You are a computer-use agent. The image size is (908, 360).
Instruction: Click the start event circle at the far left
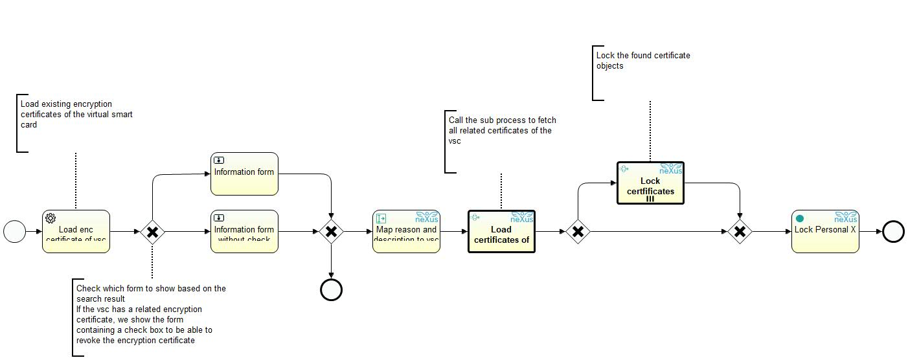tap(14, 231)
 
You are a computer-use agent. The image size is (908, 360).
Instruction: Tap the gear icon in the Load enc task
tap(50, 218)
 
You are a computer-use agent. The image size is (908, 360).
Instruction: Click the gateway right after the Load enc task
tap(152, 231)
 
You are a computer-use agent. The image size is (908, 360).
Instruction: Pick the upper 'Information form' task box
tap(244, 174)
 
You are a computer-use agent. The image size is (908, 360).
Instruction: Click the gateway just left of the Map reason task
tap(331, 231)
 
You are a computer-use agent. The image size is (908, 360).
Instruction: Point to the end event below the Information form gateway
tap(331, 289)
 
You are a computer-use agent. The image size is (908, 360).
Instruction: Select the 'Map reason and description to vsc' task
tap(406, 231)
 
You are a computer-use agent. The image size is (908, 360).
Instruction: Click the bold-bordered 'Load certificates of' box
tap(501, 231)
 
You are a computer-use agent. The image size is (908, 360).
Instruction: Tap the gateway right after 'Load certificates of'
tap(577, 231)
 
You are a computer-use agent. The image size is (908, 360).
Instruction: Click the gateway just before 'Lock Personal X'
tap(739, 231)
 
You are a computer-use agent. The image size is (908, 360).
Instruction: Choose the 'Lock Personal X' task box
tap(825, 231)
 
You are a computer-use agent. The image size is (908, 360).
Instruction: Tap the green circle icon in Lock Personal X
tap(800, 218)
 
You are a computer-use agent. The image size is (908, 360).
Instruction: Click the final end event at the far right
tap(893, 231)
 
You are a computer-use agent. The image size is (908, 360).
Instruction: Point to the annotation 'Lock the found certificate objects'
tap(642, 60)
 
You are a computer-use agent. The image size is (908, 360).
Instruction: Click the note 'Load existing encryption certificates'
tap(76, 114)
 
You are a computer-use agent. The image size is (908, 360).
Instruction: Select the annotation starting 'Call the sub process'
tap(502, 130)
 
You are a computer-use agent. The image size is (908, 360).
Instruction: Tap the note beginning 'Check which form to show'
tap(150, 314)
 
